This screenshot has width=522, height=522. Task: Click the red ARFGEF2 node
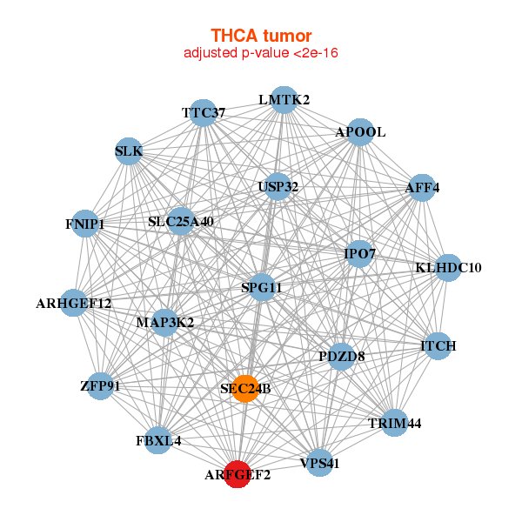(x=237, y=475)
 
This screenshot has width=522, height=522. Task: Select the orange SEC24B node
(x=246, y=388)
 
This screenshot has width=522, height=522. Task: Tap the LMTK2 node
(x=284, y=100)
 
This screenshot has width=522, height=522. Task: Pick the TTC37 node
(x=203, y=113)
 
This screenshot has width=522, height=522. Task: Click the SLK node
(x=128, y=151)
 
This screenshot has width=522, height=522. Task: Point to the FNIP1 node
(x=84, y=224)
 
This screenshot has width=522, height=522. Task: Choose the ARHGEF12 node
(x=74, y=303)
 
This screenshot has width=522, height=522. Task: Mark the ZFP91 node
(x=100, y=385)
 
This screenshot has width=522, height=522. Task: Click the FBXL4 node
(x=159, y=439)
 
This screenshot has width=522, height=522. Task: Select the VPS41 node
(x=318, y=463)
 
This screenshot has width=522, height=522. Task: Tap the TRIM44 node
(x=394, y=423)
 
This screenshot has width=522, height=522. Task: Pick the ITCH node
(x=438, y=346)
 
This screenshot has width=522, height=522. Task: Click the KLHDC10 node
(x=448, y=267)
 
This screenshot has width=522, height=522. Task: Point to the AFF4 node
(x=422, y=187)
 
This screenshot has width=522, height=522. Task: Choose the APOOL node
(x=360, y=132)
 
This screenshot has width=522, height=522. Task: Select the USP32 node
(x=278, y=186)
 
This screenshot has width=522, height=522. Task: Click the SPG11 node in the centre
(x=262, y=286)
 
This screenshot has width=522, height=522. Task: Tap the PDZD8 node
(x=341, y=355)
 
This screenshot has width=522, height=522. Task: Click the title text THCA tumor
(x=261, y=36)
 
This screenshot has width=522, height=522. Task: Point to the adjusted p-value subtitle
(x=261, y=53)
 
